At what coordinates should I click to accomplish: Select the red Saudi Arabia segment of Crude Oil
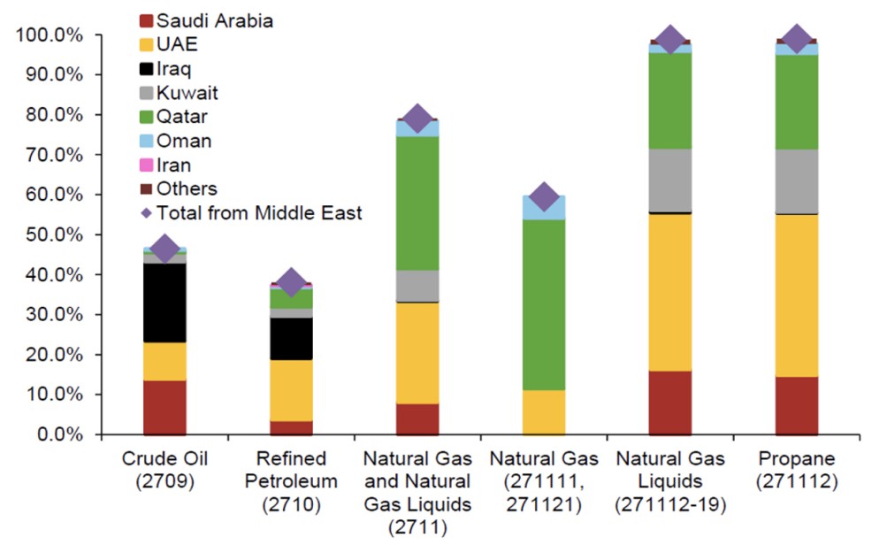tap(164, 407)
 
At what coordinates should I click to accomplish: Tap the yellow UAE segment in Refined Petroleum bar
tap(291, 390)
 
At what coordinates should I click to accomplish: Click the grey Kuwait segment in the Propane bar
tap(797, 181)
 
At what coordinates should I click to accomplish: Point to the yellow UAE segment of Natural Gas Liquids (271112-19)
tap(669, 292)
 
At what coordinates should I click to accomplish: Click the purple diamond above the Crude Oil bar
tap(164, 249)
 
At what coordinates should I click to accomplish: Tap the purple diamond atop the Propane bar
tap(797, 39)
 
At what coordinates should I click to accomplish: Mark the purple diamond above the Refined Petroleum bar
tap(291, 282)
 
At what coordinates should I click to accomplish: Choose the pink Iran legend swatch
tap(147, 165)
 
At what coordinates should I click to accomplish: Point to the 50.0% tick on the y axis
tap(55, 235)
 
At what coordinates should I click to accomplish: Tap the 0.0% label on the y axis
tap(59, 434)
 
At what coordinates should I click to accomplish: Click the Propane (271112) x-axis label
tap(797, 470)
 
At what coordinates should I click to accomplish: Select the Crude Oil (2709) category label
tap(164, 470)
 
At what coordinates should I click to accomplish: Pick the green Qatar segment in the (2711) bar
tap(417, 203)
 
